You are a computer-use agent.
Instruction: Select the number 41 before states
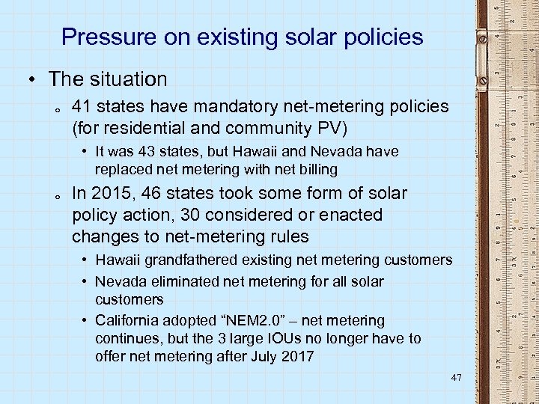[x=83, y=107]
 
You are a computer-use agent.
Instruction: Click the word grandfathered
[x=183, y=260]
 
